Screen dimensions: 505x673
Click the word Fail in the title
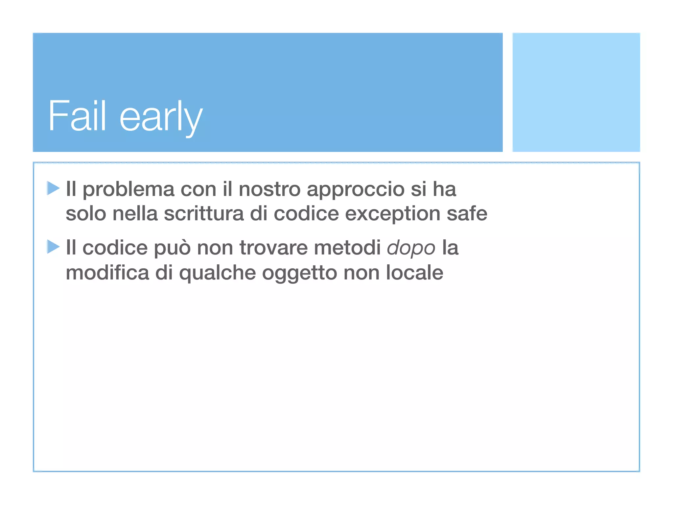coord(77,116)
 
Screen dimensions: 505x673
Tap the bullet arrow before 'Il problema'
coord(53,188)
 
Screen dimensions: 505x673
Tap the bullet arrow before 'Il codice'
coord(53,247)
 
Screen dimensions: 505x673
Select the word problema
coord(128,190)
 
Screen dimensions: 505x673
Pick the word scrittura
coord(204,214)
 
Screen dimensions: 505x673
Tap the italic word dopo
coord(411,249)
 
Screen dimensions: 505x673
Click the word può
coord(172,249)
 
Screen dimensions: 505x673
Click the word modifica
coord(107,273)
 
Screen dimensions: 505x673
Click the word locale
coord(414,273)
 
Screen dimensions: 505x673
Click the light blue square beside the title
coord(576,92)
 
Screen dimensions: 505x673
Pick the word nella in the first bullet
coord(135,214)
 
